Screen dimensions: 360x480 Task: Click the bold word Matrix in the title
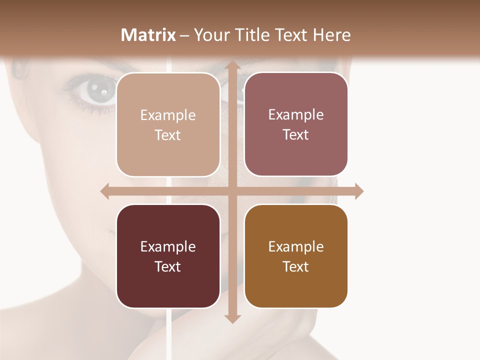point(148,35)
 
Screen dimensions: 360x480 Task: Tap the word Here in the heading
point(331,35)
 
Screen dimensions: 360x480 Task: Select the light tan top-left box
point(168,124)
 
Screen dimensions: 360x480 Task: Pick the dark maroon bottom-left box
point(168,256)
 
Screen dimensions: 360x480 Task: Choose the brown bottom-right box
point(296,256)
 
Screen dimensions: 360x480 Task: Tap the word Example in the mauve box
point(296,114)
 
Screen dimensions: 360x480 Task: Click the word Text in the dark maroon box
point(168,266)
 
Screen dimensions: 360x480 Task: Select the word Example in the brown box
point(296,246)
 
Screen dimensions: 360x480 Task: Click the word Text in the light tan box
point(168,135)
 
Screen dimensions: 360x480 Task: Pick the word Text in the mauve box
point(296,134)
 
